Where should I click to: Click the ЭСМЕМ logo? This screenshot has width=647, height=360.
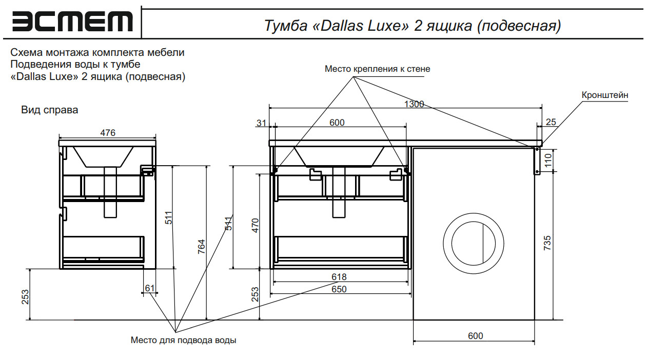[x=72, y=22]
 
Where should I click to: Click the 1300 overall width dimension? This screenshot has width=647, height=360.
[x=414, y=104]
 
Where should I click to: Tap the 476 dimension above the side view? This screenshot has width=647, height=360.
[x=107, y=133]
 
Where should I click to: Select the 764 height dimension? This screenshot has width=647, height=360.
[x=202, y=248]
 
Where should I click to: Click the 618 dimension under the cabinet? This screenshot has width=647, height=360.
[x=339, y=277]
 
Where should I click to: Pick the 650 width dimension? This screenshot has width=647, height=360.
[x=339, y=289]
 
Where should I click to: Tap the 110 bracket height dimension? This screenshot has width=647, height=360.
[x=547, y=161]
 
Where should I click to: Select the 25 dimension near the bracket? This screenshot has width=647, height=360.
[x=551, y=122]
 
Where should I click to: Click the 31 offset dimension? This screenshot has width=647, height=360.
[x=262, y=123]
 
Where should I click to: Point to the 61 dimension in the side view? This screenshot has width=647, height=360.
[x=149, y=288]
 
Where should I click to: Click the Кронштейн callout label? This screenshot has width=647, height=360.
[x=605, y=95]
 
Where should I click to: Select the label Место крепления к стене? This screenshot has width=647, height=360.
[x=377, y=69]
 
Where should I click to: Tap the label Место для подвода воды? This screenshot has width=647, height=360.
[x=184, y=340]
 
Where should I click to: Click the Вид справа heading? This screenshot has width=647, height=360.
[x=50, y=110]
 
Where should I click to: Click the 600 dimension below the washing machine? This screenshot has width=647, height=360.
[x=475, y=336]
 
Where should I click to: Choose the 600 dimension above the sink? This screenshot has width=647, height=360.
[x=337, y=123]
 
